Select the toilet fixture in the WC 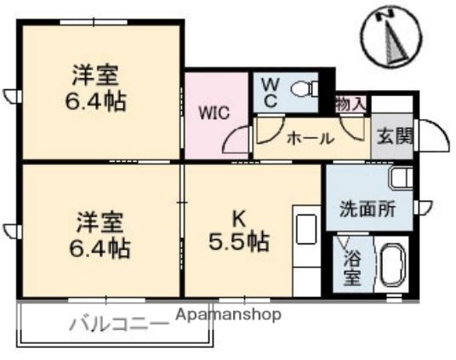tap(303, 89)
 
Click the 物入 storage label tap(351, 104)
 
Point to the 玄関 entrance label tap(392, 136)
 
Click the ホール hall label tap(309, 138)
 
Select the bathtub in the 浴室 tap(392, 266)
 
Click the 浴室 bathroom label tap(351, 266)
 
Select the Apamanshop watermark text tap(228, 314)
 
